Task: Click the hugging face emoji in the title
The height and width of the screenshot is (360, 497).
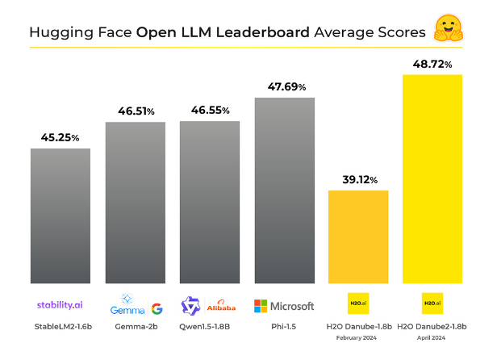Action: click(x=449, y=28)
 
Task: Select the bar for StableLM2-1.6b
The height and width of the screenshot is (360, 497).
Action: click(x=61, y=216)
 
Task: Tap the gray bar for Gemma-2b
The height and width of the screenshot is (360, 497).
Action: click(x=136, y=203)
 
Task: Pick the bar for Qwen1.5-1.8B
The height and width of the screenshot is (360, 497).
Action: click(x=210, y=202)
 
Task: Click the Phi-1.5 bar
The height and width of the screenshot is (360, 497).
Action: click(x=285, y=190)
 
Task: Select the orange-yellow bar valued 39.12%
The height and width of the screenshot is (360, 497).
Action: click(x=358, y=237)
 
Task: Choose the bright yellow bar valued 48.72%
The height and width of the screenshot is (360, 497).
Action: click(x=432, y=179)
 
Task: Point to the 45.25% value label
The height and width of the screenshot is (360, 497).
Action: click(x=60, y=137)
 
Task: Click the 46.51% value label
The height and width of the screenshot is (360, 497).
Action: click(x=136, y=111)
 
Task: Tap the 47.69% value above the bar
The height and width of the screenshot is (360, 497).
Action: click(x=287, y=86)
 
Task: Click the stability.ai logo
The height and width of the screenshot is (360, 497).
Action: click(x=60, y=305)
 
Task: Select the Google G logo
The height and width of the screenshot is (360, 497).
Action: click(x=157, y=308)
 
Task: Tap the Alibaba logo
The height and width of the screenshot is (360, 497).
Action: click(x=221, y=306)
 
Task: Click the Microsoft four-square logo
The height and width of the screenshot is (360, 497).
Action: click(x=261, y=306)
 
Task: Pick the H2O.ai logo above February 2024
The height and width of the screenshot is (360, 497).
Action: click(x=358, y=303)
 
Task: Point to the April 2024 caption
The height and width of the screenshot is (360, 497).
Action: click(x=431, y=337)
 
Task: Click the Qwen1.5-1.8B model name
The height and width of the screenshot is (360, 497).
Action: click(x=204, y=327)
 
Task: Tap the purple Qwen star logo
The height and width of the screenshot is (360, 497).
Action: click(x=190, y=306)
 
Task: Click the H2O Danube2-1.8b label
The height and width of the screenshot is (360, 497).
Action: click(x=432, y=326)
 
